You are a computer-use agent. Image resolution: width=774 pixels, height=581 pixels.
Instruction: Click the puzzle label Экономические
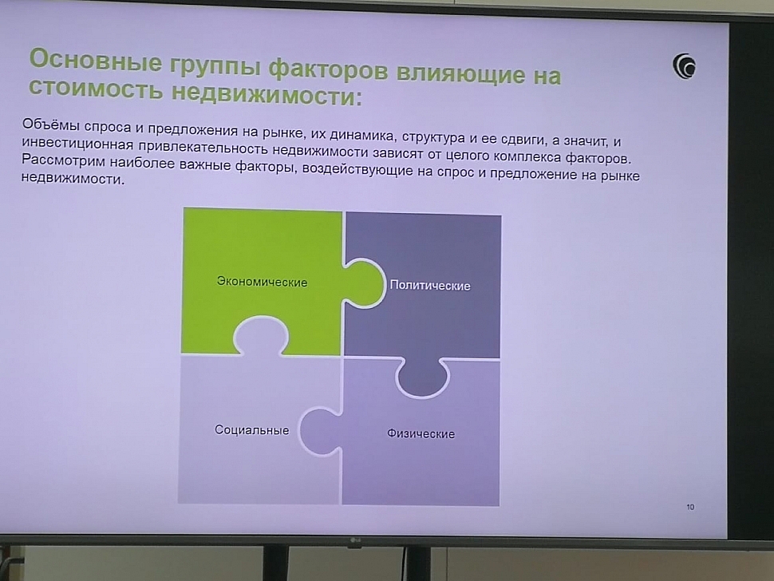[x=262, y=282]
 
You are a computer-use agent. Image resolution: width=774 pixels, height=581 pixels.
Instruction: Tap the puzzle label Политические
[x=430, y=286]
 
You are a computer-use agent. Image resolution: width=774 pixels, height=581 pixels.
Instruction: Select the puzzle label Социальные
[x=251, y=430]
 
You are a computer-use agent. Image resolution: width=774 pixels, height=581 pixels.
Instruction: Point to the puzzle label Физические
[x=421, y=433]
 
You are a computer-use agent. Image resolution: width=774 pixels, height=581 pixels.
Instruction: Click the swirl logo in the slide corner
[x=684, y=65]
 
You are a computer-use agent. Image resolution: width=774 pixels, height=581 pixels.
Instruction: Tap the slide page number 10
[x=690, y=507]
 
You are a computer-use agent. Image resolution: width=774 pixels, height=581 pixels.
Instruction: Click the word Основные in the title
[x=95, y=60]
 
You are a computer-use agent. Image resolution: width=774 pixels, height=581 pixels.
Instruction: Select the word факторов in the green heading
[x=328, y=70]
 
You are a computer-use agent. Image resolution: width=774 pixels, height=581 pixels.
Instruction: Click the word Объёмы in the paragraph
[x=51, y=125]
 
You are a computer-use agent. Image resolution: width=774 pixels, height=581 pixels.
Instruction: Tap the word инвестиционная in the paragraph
[x=77, y=143]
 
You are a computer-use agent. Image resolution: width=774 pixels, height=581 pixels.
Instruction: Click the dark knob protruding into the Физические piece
[x=422, y=377]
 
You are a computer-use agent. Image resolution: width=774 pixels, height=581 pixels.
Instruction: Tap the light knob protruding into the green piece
[x=260, y=336]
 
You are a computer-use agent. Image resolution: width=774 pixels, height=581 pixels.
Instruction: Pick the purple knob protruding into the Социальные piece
[x=320, y=431]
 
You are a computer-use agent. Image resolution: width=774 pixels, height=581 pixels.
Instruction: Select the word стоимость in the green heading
[x=95, y=89]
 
